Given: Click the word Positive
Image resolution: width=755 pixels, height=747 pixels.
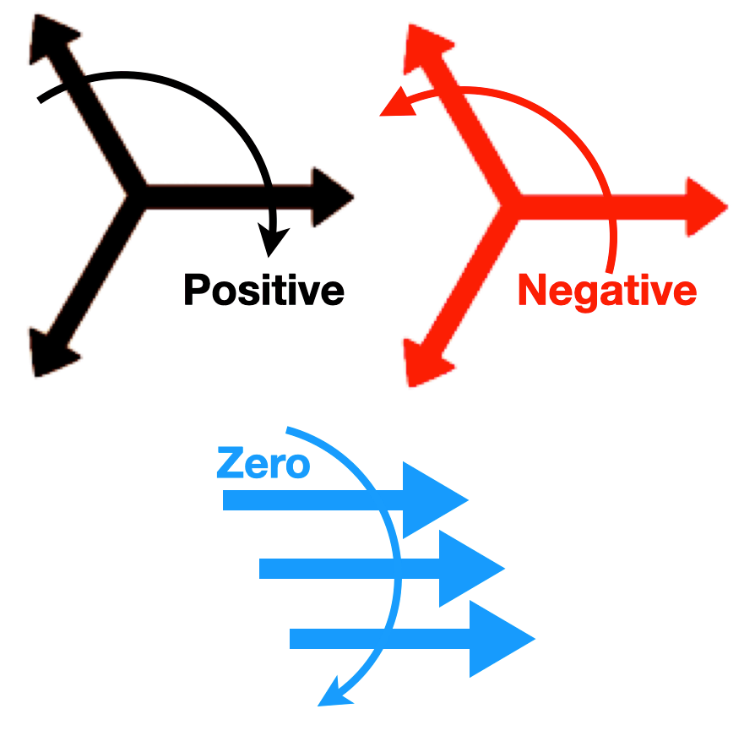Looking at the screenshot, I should (263, 290).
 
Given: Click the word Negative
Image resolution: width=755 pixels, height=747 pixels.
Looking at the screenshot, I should (607, 291).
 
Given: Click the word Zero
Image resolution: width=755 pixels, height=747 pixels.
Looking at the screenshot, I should (263, 464).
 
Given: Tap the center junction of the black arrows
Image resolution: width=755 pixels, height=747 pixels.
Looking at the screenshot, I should (134, 195).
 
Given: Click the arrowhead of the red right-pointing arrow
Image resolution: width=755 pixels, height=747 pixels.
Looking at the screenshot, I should (706, 207).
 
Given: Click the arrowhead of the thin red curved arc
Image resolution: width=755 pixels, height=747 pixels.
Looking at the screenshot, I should (395, 105).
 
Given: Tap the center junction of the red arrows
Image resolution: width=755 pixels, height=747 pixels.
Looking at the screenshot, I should (510, 205).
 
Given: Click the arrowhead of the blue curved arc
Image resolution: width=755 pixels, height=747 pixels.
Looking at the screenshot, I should (332, 692).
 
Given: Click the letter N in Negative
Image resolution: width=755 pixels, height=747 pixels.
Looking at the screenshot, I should (533, 291).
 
